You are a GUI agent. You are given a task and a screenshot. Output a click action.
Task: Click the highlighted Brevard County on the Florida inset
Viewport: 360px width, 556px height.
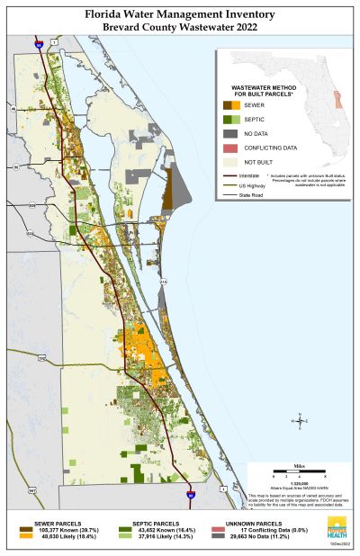(x=339, y=97)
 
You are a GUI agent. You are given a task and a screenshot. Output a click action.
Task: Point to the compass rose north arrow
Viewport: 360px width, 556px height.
(x=301, y=420)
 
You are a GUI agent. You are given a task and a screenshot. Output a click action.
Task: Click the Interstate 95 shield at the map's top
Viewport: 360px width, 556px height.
(x=38, y=43)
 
